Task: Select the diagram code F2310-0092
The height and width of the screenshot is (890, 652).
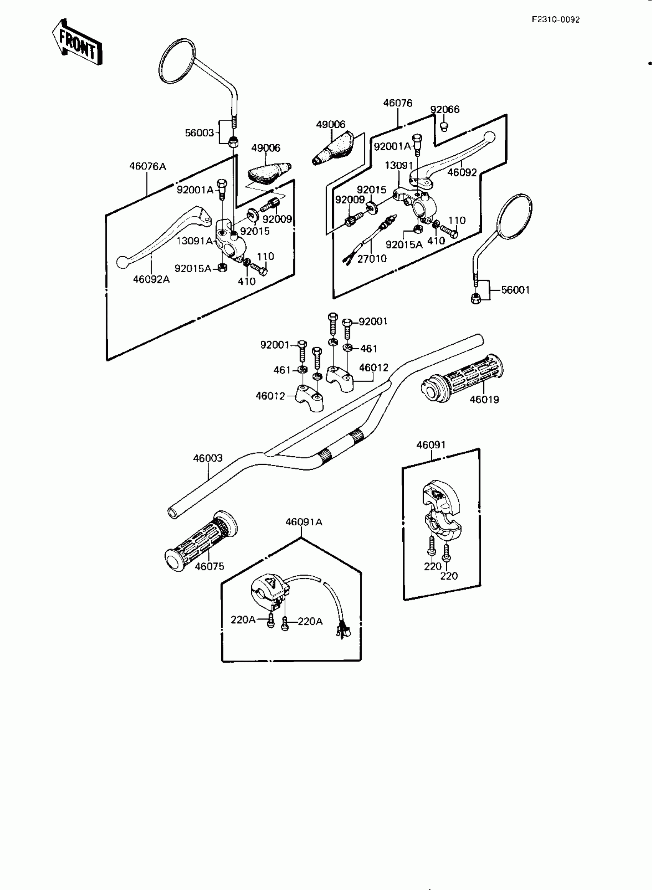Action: (555, 20)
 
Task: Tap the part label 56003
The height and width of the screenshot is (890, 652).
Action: (199, 133)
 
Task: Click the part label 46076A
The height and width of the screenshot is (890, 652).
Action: (148, 166)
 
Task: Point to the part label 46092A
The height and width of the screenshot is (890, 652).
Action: (151, 279)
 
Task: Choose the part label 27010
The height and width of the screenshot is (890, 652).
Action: (372, 259)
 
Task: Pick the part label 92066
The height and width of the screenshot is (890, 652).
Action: (445, 109)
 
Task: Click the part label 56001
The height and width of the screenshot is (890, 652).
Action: (515, 290)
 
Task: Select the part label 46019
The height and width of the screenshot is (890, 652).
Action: (484, 400)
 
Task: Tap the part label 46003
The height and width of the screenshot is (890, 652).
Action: (207, 458)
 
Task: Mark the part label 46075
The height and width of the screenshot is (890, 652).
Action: (209, 566)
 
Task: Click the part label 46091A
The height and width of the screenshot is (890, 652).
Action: (304, 522)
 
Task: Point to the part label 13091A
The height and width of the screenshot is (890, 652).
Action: (194, 241)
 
